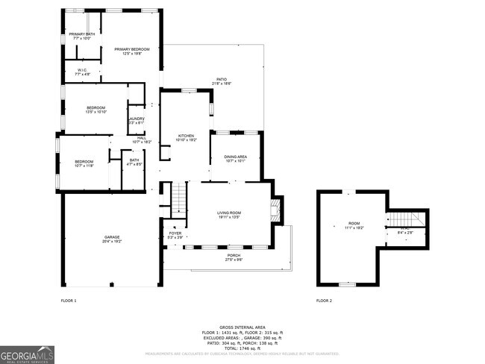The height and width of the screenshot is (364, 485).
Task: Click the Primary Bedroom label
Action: point(132,50)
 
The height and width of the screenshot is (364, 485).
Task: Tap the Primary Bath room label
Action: point(81,35)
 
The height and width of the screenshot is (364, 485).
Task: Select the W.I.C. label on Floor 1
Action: point(83,72)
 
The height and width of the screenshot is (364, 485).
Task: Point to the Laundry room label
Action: point(136,119)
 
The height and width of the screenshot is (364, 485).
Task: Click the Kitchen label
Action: point(185,136)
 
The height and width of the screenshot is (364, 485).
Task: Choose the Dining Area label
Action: point(234,157)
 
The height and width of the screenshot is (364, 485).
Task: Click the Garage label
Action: point(112,239)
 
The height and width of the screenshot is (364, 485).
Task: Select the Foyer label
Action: point(175,233)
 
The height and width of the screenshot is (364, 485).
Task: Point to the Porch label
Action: point(234,256)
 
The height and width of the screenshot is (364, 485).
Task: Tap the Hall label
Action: point(141,139)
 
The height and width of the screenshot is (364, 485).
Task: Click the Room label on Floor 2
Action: point(354,225)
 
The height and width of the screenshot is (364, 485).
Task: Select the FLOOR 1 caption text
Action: point(68,301)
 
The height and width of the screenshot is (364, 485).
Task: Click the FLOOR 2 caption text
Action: point(324,301)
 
